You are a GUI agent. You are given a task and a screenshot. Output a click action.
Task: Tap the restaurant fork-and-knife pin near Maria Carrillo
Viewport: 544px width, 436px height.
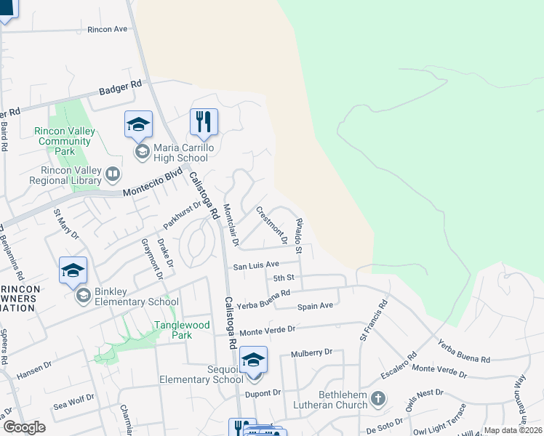[204, 122]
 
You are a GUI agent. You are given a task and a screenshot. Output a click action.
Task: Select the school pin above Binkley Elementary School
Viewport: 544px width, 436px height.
[73, 270]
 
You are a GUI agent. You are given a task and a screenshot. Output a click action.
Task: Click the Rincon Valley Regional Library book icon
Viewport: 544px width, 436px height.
[112, 174]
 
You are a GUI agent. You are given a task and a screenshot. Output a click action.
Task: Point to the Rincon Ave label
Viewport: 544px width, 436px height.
[107, 29]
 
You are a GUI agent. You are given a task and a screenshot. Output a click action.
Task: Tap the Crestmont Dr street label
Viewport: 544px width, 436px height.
[270, 224]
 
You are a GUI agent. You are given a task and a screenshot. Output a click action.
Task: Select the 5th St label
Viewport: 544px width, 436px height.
[283, 278]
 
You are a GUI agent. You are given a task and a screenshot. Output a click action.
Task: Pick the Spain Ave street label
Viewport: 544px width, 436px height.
[315, 306]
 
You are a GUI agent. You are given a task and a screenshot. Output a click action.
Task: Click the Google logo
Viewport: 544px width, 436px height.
[24, 427]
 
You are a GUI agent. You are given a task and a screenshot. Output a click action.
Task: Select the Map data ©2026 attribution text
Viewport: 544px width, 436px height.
[512, 430]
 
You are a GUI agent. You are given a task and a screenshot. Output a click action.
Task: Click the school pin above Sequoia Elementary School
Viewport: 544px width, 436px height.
[253, 360]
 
